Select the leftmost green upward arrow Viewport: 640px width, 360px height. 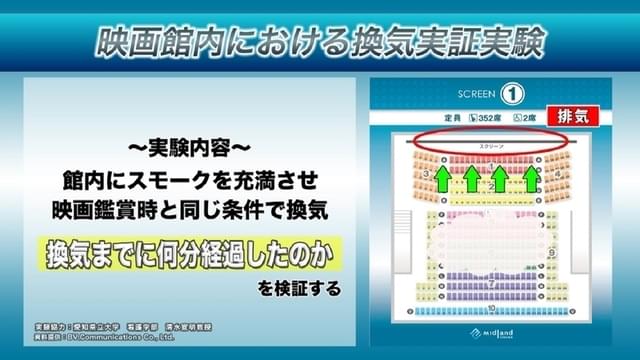[x=441, y=178]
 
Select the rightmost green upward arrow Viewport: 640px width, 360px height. [x=531, y=178]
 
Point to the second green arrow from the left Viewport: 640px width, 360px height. [x=471, y=178]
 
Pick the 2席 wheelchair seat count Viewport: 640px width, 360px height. [x=486, y=118]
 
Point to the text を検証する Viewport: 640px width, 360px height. [x=299, y=289]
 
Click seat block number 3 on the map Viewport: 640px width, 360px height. [x=428, y=175]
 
